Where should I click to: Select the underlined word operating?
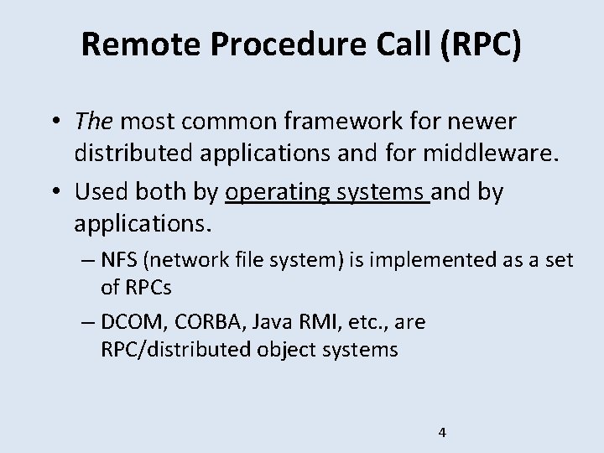pos(279,192)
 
